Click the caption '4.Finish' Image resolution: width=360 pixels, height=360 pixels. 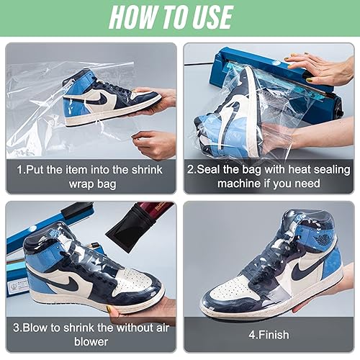269,334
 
